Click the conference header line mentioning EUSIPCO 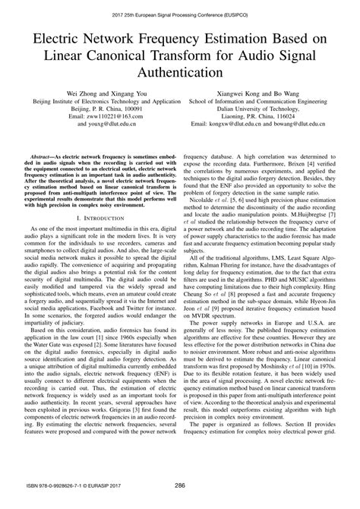[x=180, y=13]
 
